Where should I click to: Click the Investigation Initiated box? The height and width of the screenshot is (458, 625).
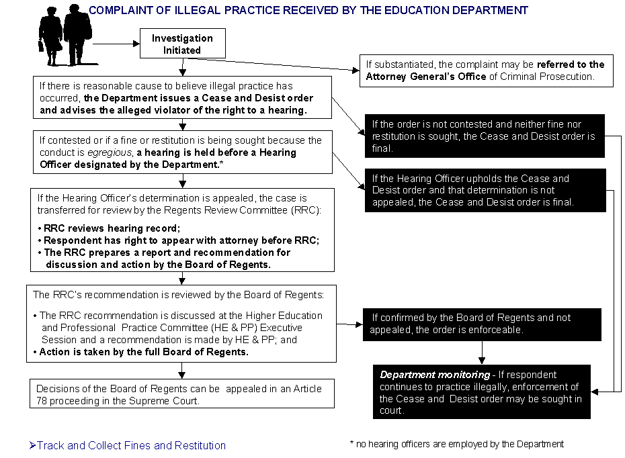181,44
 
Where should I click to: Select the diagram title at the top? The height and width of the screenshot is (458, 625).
308,11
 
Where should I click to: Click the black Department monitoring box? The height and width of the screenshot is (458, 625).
482,392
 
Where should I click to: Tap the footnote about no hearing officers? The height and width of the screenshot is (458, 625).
456,444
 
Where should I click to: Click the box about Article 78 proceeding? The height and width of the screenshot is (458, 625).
181,394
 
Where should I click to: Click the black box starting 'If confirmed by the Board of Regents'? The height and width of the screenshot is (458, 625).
482,324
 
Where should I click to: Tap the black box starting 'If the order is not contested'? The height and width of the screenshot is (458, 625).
483,136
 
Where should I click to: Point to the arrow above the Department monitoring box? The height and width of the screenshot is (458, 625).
482,353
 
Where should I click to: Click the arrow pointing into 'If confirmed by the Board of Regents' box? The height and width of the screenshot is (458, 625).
349,325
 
